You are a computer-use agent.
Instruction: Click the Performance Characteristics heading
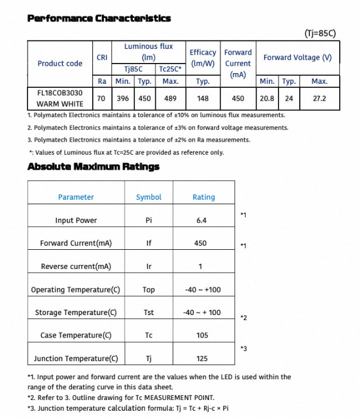[99, 19]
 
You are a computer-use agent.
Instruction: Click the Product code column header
[60, 64]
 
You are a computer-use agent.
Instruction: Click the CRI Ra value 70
[101, 98]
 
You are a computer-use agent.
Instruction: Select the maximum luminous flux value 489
[170, 98]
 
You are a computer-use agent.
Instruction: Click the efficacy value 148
[202, 98]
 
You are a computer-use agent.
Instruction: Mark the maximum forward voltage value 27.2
[319, 98]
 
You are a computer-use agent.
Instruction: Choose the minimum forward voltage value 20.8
[267, 98]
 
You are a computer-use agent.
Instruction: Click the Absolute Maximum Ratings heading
[93, 167]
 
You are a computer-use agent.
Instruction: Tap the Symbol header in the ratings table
[148, 197]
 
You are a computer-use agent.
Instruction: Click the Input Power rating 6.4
[201, 221]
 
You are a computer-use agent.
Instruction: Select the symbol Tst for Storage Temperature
[148, 313]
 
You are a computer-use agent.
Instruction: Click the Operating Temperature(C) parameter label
[75, 290]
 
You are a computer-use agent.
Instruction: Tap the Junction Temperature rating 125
[202, 358]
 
